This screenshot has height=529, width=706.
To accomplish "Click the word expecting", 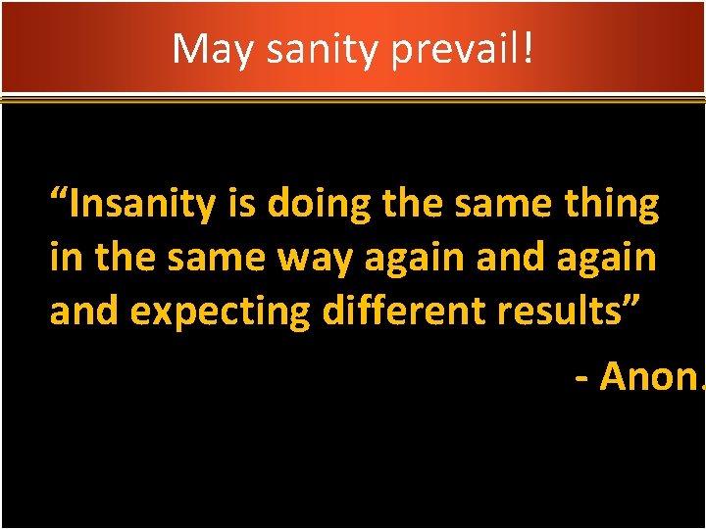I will point(227,312).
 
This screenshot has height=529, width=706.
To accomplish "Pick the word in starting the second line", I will point(65,259).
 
